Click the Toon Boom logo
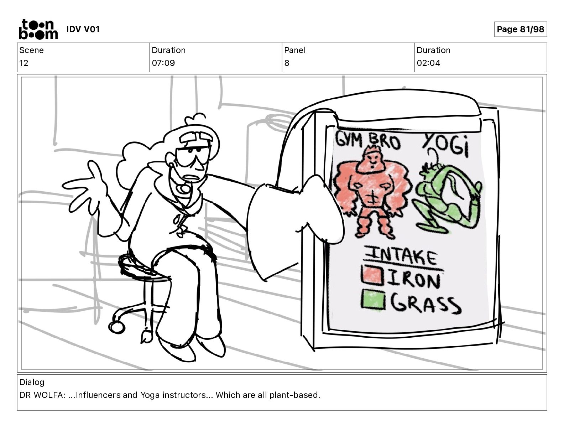click(x=38, y=29)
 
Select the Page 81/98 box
click(x=521, y=29)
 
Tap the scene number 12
click(x=23, y=63)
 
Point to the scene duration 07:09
click(x=163, y=63)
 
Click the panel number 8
click(x=287, y=63)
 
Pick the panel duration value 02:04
click(x=428, y=63)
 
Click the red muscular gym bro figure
click(x=372, y=192)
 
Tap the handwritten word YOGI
click(x=446, y=145)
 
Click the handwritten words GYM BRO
click(x=368, y=141)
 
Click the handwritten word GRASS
click(x=425, y=304)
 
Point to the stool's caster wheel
click(x=117, y=327)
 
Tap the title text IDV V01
click(x=83, y=29)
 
